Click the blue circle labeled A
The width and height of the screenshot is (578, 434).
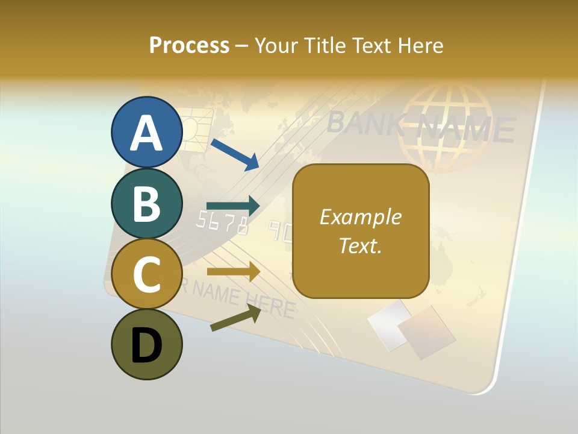tap(146, 132)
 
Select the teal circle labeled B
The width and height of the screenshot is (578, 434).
tap(146, 203)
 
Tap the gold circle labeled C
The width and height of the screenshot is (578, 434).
tap(146, 274)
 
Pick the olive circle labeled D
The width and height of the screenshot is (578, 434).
tap(146, 345)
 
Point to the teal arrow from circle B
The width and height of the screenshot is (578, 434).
tap(233, 206)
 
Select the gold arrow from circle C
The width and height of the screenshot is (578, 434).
tap(233, 271)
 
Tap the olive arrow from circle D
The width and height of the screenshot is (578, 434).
tap(235, 318)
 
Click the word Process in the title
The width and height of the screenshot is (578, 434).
tap(189, 45)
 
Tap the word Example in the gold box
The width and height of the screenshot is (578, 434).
tap(360, 217)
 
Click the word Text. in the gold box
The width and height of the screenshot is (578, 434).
tap(360, 245)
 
